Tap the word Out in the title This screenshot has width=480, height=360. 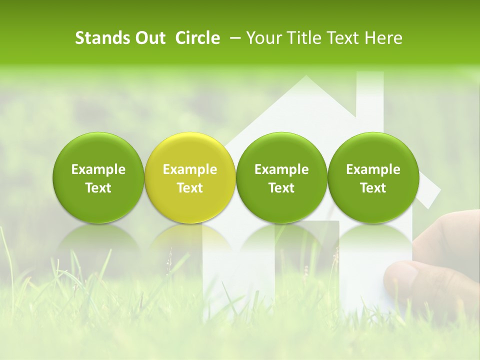[149, 38]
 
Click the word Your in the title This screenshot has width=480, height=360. [263, 38]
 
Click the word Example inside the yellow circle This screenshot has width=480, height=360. [190, 169]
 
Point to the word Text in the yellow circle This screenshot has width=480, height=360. [190, 188]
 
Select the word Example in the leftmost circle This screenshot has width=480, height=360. [98, 169]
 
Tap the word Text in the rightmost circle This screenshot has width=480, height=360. [373, 188]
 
